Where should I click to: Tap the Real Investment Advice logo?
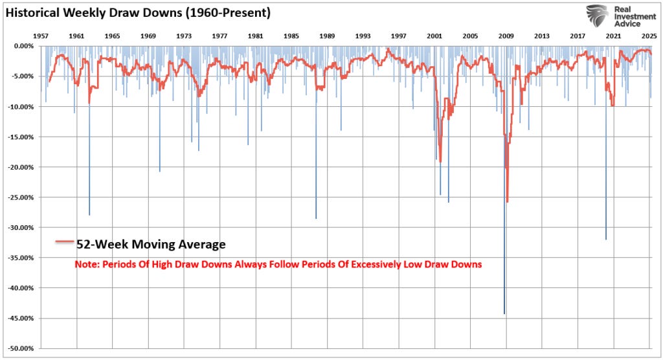coord(618,16)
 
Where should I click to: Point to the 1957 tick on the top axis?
coord(41,36)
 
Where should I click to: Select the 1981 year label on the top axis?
coord(255,36)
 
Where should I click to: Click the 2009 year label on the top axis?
coord(506,36)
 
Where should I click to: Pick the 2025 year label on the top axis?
coord(649,36)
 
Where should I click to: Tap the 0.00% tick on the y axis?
coord(23,46)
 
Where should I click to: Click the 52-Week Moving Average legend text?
coord(151,244)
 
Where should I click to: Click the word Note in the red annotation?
coord(86,264)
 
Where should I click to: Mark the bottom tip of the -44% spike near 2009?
coord(504,313)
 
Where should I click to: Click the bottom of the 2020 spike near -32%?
coord(606,239)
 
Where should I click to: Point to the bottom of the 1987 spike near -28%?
coord(316,218)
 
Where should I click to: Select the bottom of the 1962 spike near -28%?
coord(89,214)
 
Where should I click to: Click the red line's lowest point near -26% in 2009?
coord(507,201)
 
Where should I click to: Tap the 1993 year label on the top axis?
coord(363,36)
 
